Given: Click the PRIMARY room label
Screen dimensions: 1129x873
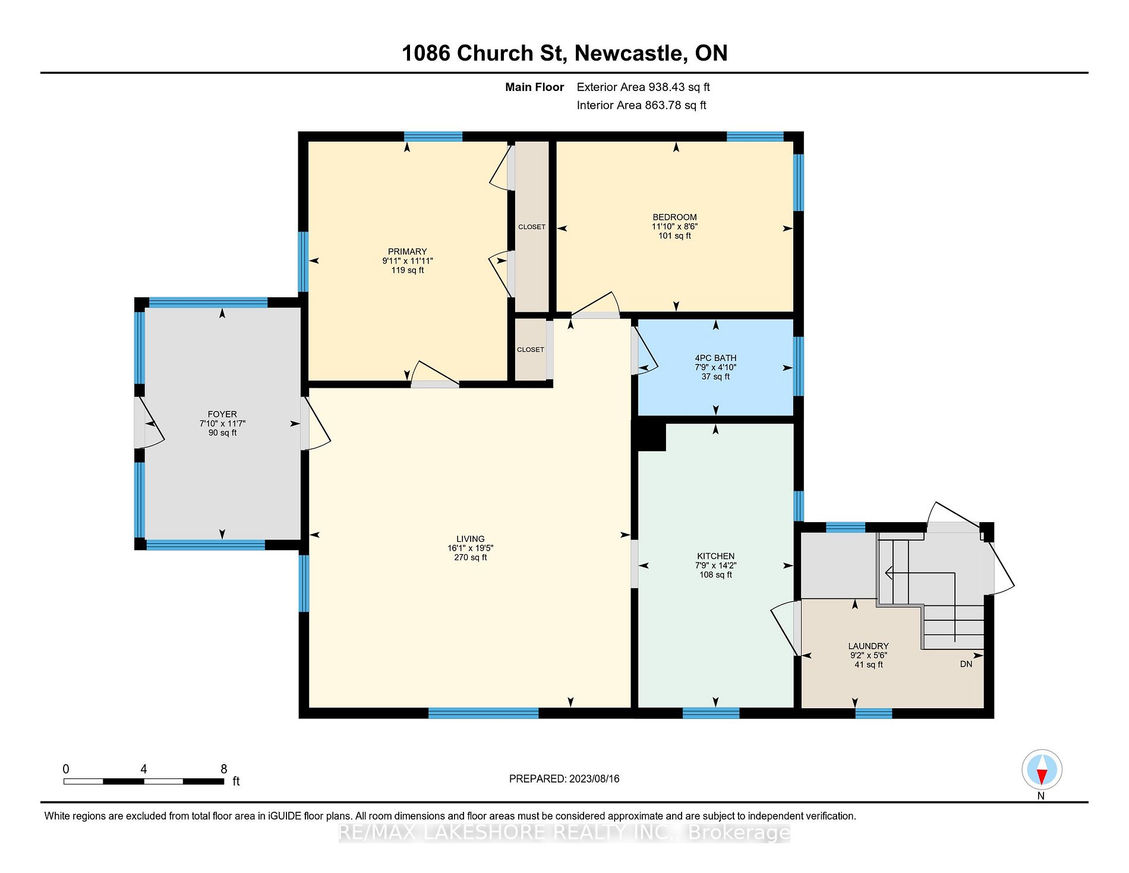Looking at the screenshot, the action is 407,252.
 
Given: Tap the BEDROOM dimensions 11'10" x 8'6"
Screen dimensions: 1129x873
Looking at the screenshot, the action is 674,227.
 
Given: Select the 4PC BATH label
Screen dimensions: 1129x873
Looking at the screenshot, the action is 715,358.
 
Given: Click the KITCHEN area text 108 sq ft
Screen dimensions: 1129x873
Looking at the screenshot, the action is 715,575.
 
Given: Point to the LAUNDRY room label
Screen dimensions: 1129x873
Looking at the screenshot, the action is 868,646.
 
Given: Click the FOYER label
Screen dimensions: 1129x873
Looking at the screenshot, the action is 222,414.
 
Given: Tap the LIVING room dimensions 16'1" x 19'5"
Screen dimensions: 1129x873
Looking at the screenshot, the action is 471,548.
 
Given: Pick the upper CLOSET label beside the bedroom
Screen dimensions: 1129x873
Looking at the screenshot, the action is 532,227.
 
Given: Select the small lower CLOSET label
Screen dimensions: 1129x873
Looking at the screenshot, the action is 531,350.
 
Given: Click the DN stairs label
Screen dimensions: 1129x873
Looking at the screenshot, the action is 966,664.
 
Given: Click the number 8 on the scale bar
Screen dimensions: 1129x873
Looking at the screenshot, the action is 224,769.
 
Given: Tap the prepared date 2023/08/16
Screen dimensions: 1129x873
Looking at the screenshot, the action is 594,778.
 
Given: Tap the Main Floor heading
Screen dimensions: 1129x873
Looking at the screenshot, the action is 534,87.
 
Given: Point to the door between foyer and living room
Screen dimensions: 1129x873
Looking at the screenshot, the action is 316,423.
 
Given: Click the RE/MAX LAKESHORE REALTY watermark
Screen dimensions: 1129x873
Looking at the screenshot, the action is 564,833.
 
